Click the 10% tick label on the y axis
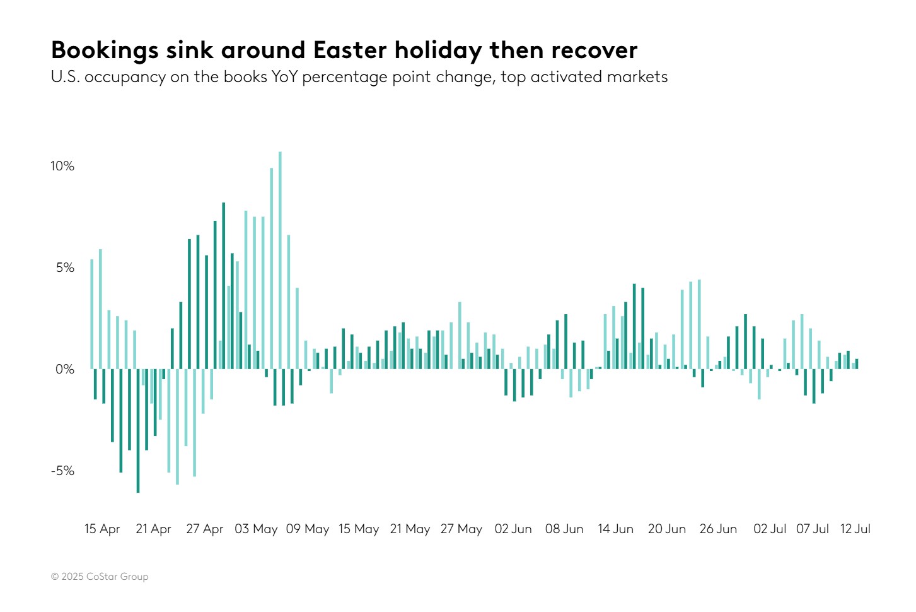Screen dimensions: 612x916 [62, 166]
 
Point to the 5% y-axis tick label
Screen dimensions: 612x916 [65, 268]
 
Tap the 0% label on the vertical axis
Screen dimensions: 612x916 [65, 369]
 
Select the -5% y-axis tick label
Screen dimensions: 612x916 [62, 471]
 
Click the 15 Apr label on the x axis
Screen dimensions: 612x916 [102, 529]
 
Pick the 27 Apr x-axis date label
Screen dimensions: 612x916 [205, 529]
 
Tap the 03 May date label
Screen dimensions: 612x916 [256, 529]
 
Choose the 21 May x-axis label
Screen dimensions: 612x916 [410, 529]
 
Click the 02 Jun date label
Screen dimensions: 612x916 [513, 529]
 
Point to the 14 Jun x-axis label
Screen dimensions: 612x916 [615, 529]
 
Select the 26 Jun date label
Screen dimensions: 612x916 [718, 529]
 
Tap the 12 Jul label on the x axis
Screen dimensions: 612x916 [855, 529]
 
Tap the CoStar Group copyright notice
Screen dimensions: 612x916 [100, 576]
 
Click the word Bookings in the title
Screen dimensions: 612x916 [105, 50]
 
